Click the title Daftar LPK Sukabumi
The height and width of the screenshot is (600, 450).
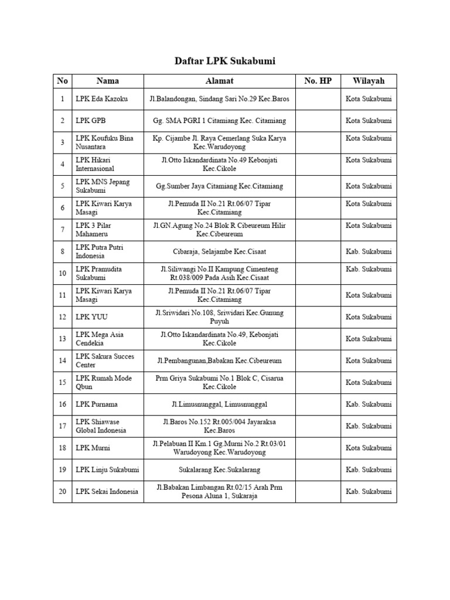(x=225, y=61)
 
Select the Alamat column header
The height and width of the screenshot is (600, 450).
(x=220, y=81)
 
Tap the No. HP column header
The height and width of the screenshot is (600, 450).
(x=318, y=81)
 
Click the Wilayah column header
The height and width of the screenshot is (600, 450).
(x=369, y=81)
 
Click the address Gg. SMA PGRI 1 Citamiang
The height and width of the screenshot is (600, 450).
(x=220, y=121)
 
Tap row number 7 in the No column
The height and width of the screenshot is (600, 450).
(x=62, y=230)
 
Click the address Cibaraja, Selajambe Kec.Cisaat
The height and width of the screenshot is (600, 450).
(x=220, y=251)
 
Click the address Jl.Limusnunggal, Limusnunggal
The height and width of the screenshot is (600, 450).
(x=220, y=404)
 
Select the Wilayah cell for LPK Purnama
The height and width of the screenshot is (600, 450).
(x=369, y=404)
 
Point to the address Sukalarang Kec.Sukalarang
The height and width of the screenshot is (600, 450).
(x=220, y=470)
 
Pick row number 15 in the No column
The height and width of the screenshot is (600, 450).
(x=62, y=383)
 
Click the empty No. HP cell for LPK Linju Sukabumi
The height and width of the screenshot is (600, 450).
(x=318, y=470)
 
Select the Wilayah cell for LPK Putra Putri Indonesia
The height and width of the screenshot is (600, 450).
(x=369, y=251)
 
